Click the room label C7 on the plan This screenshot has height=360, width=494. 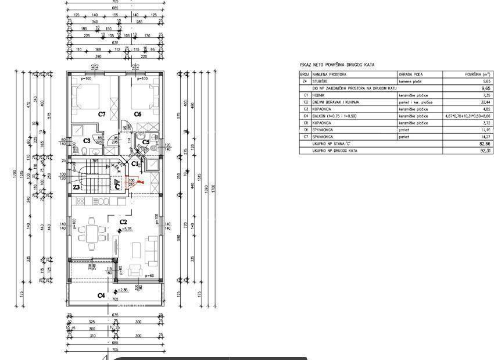point(102,114)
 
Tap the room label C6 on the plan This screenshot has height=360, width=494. point(138,114)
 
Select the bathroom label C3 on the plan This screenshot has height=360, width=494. point(86,141)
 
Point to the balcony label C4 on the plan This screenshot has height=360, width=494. point(101,295)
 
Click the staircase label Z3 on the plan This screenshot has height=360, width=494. point(76,187)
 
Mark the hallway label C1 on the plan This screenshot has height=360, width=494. point(134,164)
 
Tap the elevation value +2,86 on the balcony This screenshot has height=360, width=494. point(123,290)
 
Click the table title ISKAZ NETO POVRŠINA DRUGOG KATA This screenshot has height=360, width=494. point(337,65)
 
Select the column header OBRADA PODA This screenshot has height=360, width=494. point(410,75)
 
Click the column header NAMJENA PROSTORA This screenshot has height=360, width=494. point(330,75)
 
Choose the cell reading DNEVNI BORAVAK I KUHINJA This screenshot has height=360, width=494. point(335,102)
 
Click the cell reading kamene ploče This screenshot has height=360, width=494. point(410,81)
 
